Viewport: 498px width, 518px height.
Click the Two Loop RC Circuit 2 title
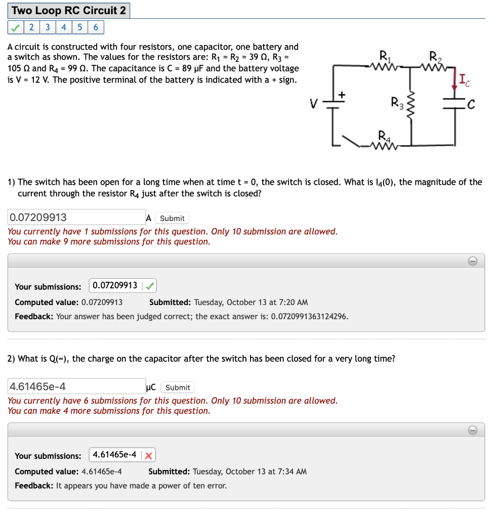(x=68, y=11)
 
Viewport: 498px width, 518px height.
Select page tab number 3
(x=47, y=27)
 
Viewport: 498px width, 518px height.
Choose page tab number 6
(x=96, y=27)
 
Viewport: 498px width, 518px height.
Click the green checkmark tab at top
(x=16, y=27)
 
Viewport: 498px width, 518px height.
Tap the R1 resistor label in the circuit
(x=385, y=57)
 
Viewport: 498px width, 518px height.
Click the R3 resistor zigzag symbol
(x=411, y=108)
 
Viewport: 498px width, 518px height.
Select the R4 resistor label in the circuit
(x=384, y=136)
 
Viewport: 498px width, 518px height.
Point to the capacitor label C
(x=471, y=105)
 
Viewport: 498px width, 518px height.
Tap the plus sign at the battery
(x=342, y=94)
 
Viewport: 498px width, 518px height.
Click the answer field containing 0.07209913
(x=76, y=218)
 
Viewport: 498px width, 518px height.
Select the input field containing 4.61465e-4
(x=76, y=387)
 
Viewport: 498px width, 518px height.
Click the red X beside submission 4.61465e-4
(x=148, y=455)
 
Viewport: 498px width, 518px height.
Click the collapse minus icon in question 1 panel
(x=472, y=261)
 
